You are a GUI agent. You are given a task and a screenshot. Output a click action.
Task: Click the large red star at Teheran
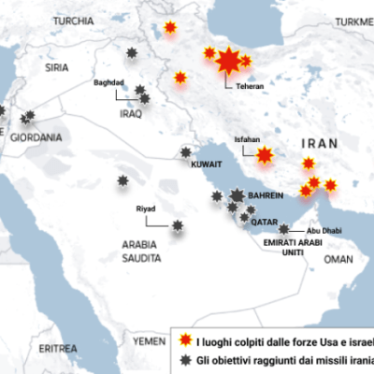pos(227,63)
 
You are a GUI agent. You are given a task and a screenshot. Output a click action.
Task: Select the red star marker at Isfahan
pos(266,154)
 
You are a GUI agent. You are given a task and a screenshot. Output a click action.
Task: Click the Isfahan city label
pos(247,136)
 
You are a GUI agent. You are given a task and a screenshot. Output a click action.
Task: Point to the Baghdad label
pos(108,82)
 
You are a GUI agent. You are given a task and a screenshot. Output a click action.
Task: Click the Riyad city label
pos(146,209)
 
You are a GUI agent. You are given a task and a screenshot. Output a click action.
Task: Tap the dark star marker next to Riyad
pos(178,224)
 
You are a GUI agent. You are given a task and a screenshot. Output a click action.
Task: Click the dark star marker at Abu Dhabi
pos(283,228)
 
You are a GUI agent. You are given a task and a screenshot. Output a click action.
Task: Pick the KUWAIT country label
pos(206,164)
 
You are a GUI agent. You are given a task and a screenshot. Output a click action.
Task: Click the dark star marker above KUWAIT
pos(186,151)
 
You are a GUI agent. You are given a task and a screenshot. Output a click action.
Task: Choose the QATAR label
pos(265,223)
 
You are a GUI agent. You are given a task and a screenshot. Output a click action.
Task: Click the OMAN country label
pos(338,259)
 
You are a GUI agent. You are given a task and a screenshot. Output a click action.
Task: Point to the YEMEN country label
pos(148,341)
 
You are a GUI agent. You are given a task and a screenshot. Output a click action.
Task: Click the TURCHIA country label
pos(74,20)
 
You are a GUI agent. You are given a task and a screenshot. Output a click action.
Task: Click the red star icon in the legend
pos(185,338)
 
